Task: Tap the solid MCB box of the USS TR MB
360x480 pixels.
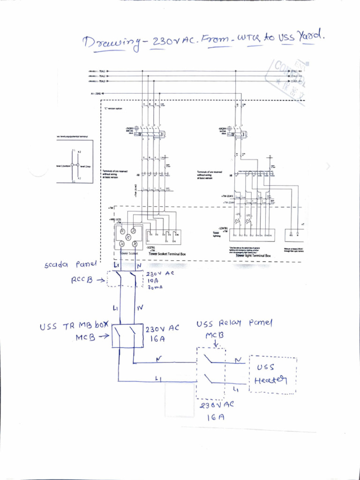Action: click(x=127, y=336)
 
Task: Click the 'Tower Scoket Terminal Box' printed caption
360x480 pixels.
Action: click(x=167, y=254)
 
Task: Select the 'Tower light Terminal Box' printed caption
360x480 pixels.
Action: click(x=253, y=256)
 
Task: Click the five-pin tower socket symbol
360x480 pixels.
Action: click(x=128, y=237)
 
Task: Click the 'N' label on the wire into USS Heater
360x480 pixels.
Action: click(x=239, y=360)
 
